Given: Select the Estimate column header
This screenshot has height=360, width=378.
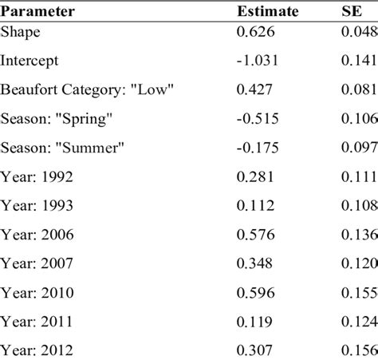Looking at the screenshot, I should tap(266, 12).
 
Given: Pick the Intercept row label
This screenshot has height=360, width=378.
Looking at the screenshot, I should tap(30, 60).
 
